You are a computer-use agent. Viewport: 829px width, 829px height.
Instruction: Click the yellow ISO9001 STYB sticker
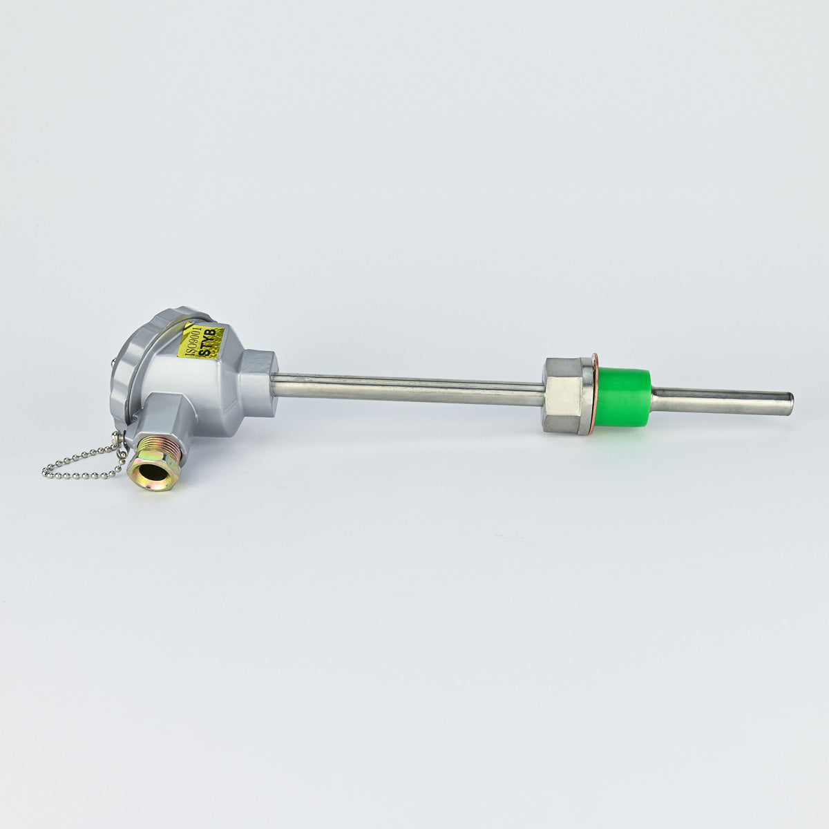pyautogui.click(x=201, y=341)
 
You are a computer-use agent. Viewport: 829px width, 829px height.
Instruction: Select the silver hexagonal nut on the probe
pyautogui.click(x=564, y=395)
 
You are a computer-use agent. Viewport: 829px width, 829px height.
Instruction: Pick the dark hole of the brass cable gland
pyautogui.click(x=152, y=473)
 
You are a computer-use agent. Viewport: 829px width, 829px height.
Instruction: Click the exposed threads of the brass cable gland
pyautogui.click(x=162, y=451)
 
